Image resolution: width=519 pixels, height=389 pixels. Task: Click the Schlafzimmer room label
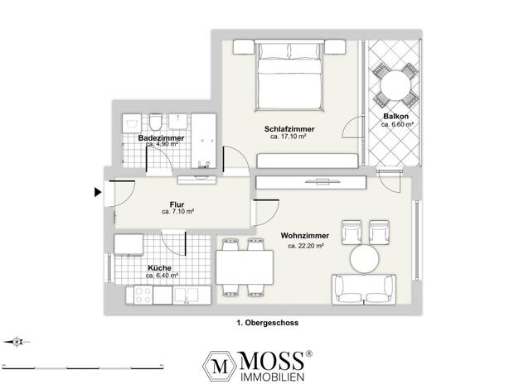pyautogui.click(x=289, y=129)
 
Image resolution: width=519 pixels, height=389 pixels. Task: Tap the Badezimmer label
pyautogui.click(x=161, y=138)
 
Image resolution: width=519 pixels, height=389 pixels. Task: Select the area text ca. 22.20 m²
pyautogui.click(x=305, y=246)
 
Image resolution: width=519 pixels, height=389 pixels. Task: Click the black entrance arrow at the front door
pyautogui.click(x=98, y=192)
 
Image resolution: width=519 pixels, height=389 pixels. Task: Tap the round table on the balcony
pyautogui.click(x=395, y=85)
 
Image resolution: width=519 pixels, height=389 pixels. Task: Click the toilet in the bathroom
pyautogui.click(x=155, y=122)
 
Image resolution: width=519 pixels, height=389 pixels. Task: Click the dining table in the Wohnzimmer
pyautogui.click(x=245, y=267)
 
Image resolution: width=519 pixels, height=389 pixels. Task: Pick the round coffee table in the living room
pyautogui.click(x=365, y=259)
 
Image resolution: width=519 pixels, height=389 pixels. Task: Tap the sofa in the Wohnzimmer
pyautogui.click(x=364, y=289)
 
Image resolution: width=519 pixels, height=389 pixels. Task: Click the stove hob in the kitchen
pyautogui.click(x=143, y=295)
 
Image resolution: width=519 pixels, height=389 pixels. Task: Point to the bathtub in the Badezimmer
pyautogui.click(x=204, y=141)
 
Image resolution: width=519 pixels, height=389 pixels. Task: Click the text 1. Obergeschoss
pyautogui.click(x=268, y=323)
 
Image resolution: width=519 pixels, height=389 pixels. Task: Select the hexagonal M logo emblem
pyautogui.click(x=220, y=367)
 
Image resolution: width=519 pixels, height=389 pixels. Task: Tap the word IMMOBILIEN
pyautogui.click(x=272, y=377)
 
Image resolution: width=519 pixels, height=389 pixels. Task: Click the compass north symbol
pyautogui.click(x=17, y=342)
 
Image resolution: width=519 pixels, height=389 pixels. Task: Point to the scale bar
pyautogui.click(x=83, y=367)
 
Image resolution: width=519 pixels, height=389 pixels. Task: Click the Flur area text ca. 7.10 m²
pyautogui.click(x=177, y=212)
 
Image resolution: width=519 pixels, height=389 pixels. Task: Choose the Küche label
pyautogui.click(x=159, y=268)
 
